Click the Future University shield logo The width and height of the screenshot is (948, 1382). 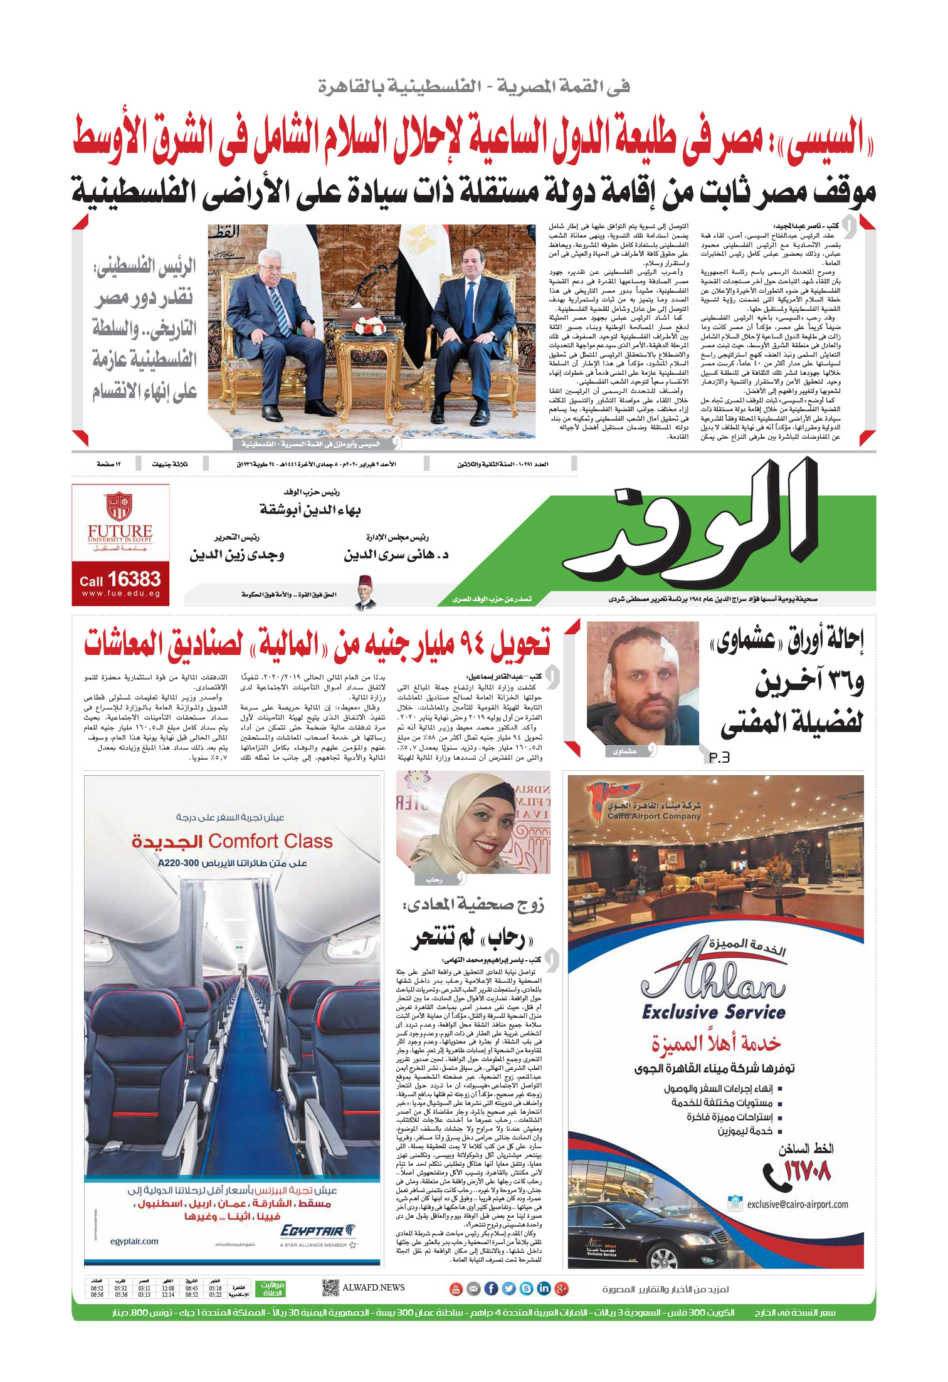pos(119,507)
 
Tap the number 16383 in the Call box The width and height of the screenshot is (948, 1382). pos(134,579)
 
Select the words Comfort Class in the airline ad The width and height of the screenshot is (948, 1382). pos(270,841)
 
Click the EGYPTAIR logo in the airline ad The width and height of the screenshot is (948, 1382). pos(319,1230)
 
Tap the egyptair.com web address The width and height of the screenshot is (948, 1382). pos(134,1241)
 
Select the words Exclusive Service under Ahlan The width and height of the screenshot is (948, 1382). pos(714,1012)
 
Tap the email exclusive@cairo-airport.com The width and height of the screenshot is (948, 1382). pos(797,1204)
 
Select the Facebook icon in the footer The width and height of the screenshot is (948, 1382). pos(491,1289)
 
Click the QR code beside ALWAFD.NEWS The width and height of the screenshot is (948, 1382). pos(330,1288)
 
